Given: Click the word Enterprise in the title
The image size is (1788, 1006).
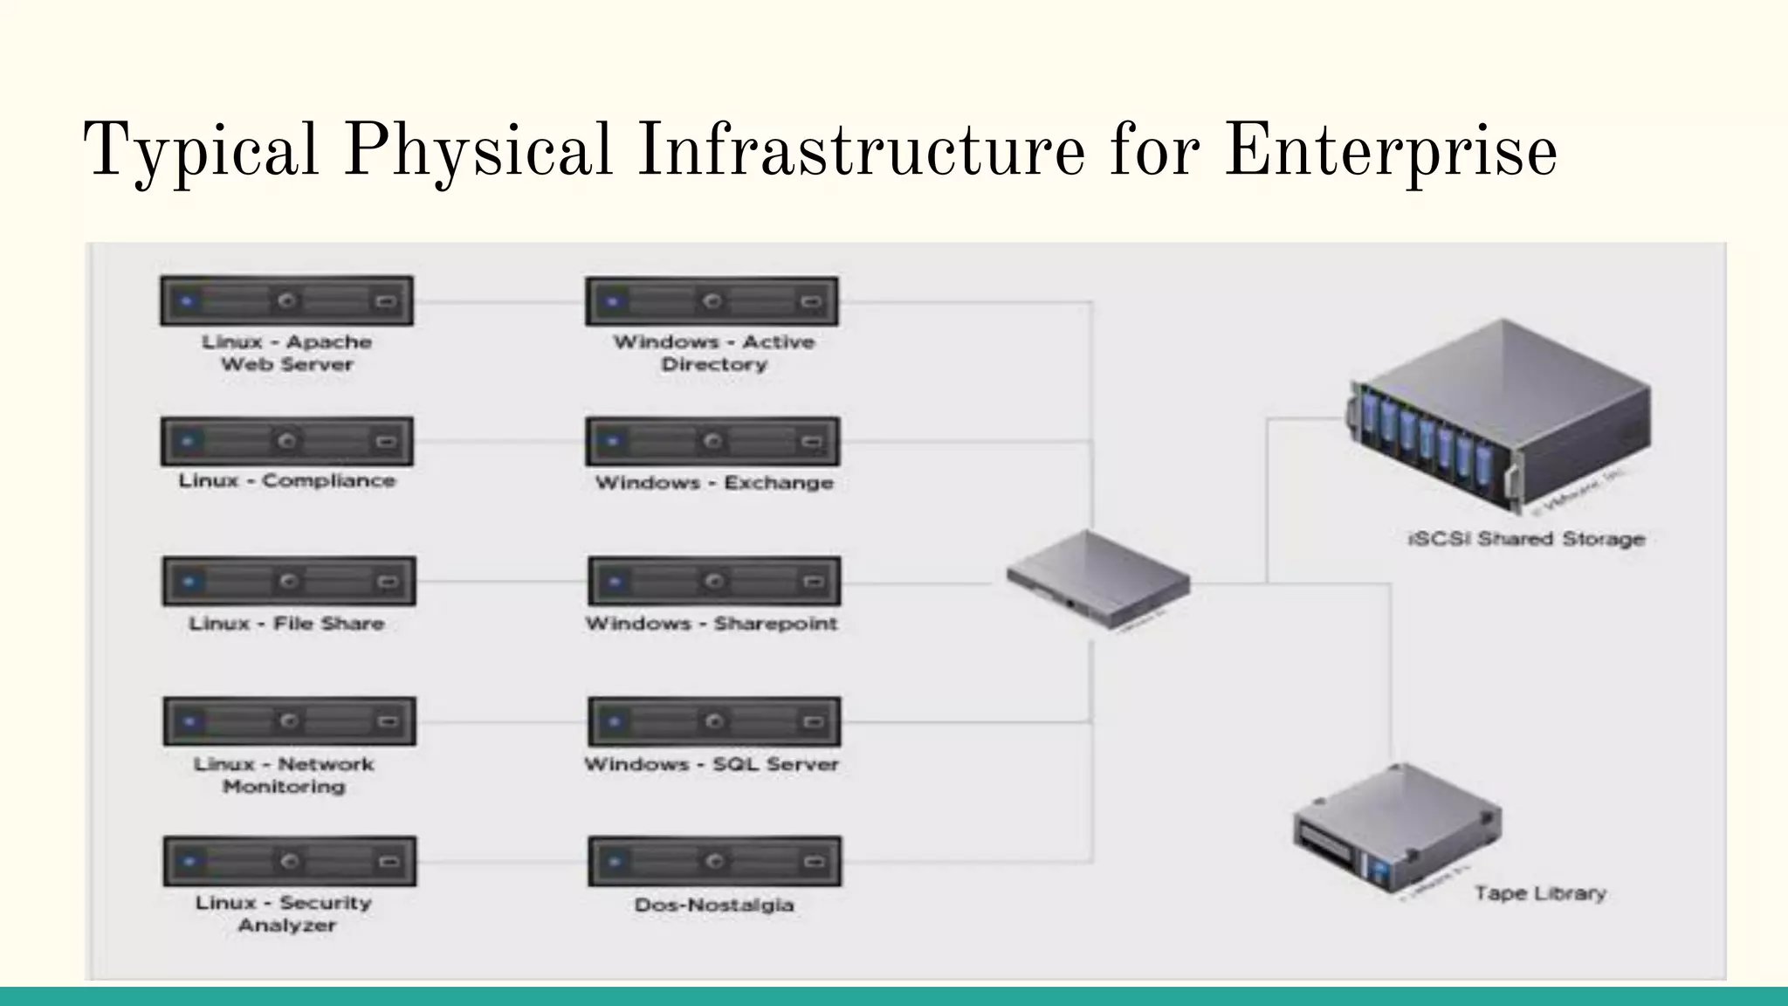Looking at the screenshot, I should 1390,150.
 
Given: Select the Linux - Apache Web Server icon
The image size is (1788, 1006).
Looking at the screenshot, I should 286,301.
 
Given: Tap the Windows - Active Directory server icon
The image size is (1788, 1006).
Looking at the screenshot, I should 712,301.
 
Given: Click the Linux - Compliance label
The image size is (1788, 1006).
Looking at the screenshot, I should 286,481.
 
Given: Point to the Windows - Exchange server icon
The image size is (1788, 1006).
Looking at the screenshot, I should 712,441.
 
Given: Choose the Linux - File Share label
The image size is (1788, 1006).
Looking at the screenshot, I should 286,624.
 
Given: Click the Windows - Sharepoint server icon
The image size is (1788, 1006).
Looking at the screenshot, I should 714,581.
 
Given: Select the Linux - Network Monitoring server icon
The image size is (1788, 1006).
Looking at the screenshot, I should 289,720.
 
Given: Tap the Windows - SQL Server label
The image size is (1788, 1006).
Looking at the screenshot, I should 712,764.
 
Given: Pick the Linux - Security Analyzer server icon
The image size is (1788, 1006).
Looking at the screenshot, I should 289,861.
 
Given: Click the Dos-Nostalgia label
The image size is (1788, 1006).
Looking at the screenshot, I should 714,905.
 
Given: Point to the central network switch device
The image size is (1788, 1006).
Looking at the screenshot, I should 1097,579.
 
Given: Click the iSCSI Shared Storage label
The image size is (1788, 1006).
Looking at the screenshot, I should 1526,539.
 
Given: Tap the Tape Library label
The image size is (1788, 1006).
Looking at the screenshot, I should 1540,893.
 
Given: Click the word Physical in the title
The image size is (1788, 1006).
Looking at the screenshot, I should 478,150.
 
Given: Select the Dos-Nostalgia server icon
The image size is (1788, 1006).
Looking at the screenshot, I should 714,861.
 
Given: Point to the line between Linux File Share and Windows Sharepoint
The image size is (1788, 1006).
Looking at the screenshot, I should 502,582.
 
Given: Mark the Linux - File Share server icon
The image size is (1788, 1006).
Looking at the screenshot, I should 289,581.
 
